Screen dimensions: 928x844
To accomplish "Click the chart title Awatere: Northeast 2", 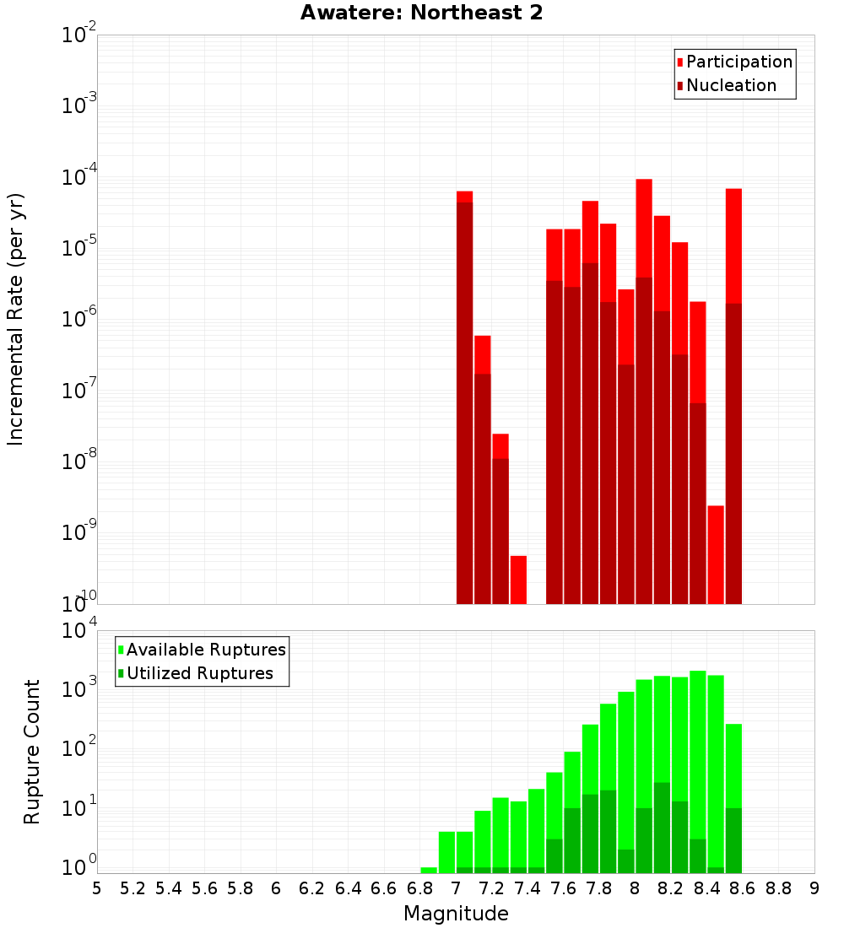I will [421, 13].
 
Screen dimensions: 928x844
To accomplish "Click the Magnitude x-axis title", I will [456, 914].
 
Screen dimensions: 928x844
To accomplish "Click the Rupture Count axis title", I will [32, 751].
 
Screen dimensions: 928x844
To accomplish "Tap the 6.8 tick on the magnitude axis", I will [419, 888].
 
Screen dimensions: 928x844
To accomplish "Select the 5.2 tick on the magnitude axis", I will [133, 888].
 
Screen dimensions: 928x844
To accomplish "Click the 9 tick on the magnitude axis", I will [814, 888].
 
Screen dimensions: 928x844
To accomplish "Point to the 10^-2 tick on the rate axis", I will [79, 35].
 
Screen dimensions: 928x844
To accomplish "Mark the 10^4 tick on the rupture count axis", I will [79, 631].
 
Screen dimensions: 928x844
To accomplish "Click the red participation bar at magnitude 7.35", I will [518, 580].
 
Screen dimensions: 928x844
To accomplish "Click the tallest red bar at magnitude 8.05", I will [644, 228].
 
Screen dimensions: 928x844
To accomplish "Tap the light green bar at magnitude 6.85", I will [429, 870].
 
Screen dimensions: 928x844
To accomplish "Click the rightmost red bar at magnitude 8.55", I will [733, 245].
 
